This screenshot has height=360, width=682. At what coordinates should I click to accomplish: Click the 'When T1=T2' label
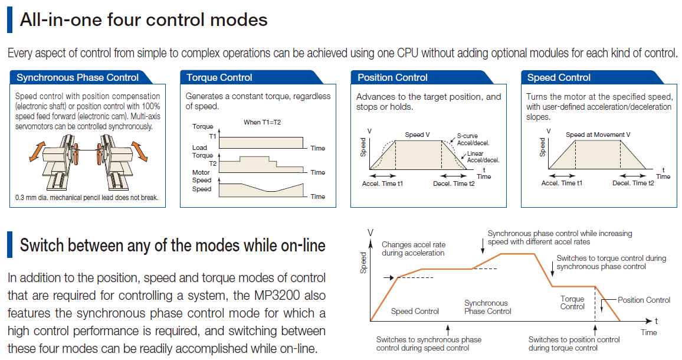coord(263,122)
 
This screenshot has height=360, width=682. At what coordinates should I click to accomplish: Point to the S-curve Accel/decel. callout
coord(473,139)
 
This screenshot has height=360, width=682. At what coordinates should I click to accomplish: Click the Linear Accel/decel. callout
coord(483,157)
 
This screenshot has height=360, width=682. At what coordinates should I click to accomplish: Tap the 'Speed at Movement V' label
coord(598,135)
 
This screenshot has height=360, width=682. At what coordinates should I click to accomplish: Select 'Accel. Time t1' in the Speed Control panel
coord(562,184)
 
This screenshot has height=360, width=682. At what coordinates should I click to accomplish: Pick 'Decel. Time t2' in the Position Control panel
coord(454,184)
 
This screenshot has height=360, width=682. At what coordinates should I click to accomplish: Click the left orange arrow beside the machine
coord(37,151)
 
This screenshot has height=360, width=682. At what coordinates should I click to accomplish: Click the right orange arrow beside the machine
coord(140,150)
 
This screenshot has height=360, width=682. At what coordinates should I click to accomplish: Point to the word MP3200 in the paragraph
coord(277,295)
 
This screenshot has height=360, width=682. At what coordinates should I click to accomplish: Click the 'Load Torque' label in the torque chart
coord(203,152)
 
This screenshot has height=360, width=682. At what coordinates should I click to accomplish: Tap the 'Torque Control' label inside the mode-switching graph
coord(572,303)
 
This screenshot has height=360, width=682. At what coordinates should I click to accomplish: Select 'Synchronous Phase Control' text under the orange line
coord(487,307)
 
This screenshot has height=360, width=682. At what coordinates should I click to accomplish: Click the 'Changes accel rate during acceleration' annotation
coord(414,248)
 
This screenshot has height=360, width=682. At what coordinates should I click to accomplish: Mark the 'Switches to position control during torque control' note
coord(574,343)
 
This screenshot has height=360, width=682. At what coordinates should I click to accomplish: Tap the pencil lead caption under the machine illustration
coord(87,198)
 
